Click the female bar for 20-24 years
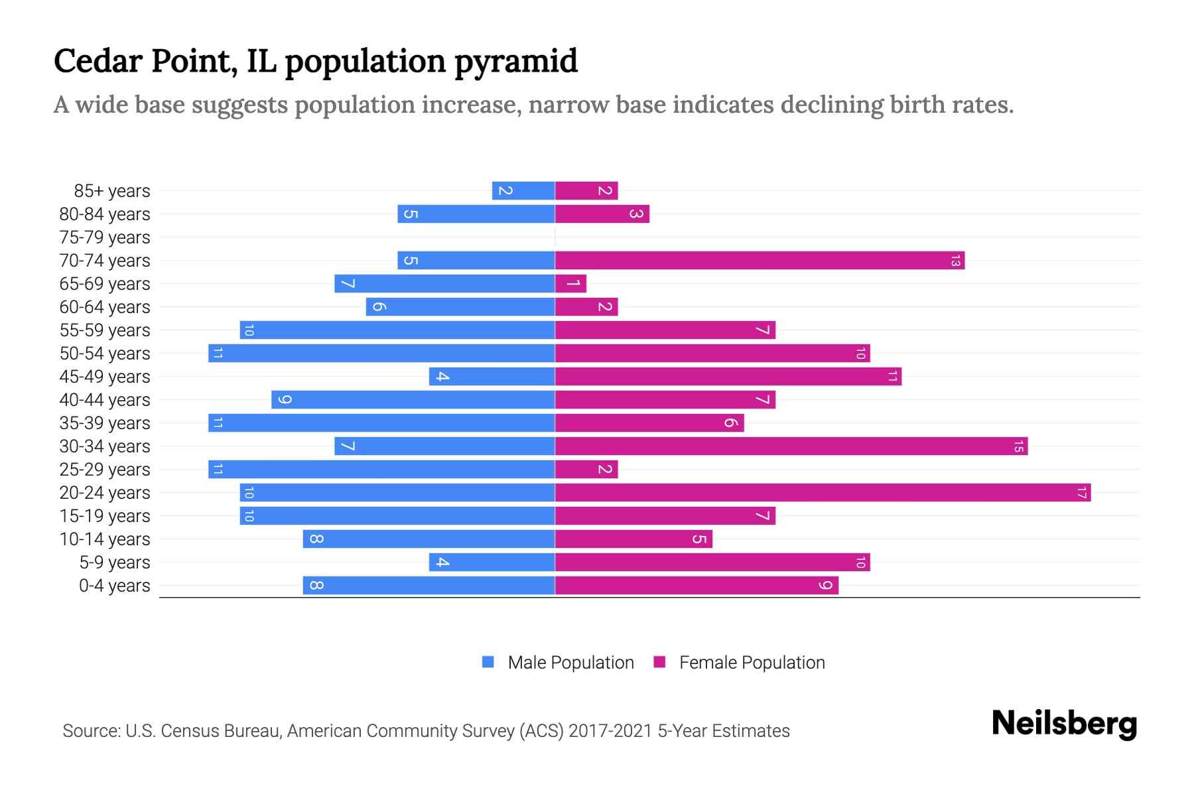pos(823,493)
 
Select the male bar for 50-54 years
pos(381,354)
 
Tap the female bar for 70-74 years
pos(760,261)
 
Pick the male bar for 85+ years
pos(523,191)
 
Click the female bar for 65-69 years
pos(570,284)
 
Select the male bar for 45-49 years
pos(492,377)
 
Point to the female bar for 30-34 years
pos(791,446)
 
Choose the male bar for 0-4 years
pos(429,586)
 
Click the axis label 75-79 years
pos(105,237)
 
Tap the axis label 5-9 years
pos(115,563)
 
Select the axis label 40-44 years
pos(105,400)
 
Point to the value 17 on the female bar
pos(1081,493)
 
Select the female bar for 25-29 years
pos(586,470)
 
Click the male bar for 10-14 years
pos(429,539)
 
